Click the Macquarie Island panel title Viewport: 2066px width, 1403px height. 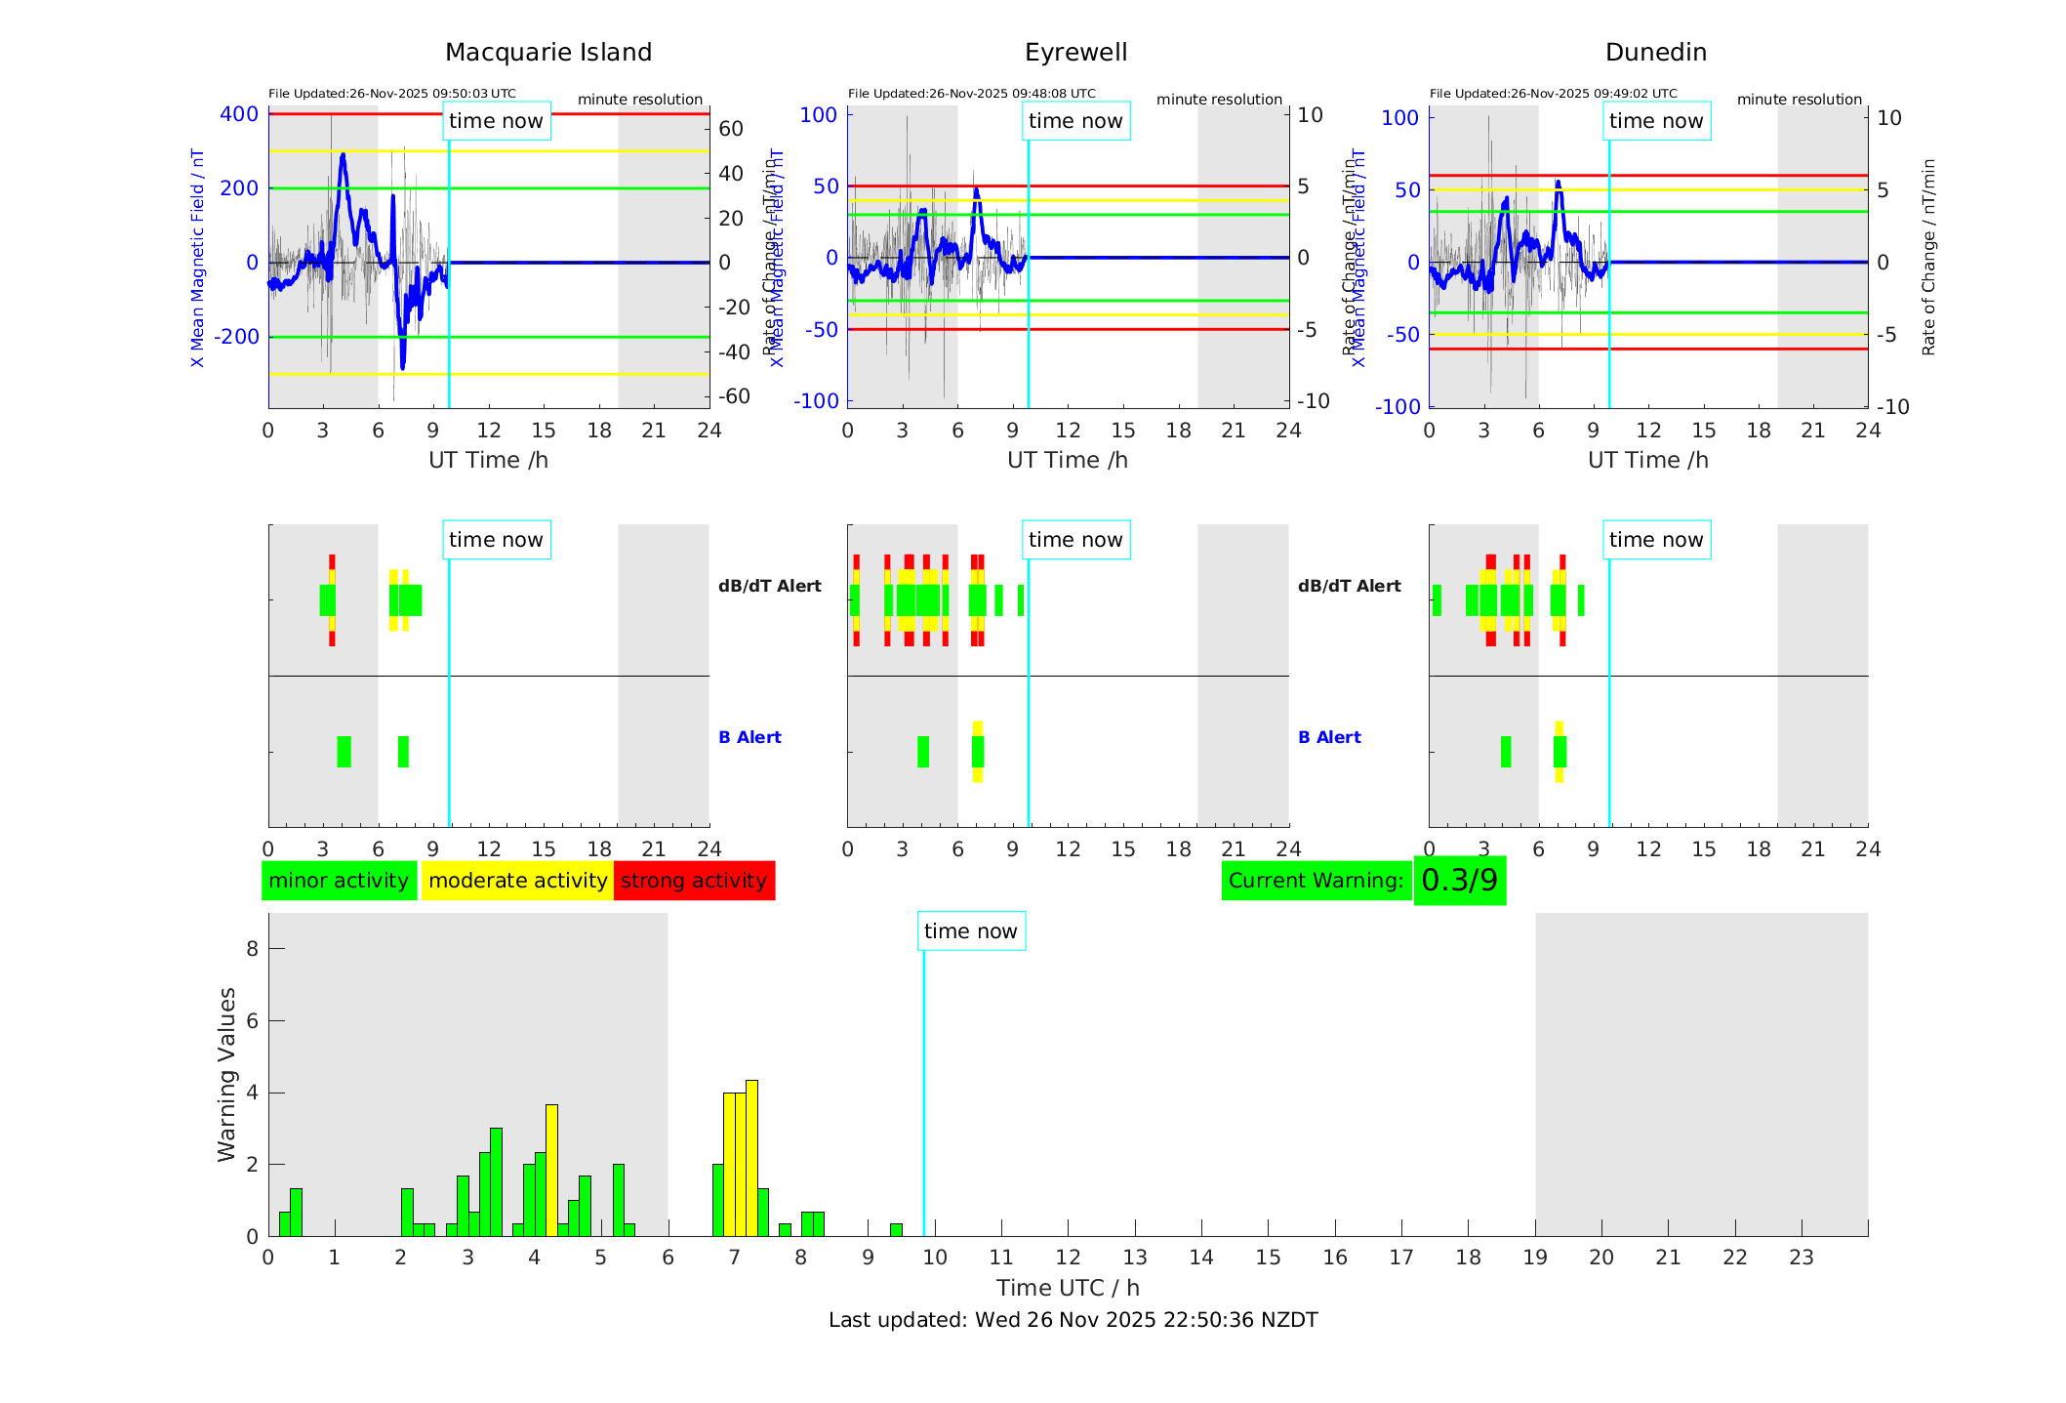coord(547,53)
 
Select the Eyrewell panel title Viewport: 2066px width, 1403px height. coord(1075,53)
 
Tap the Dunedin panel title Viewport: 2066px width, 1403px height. coord(1655,53)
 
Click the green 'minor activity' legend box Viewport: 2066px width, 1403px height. coord(339,881)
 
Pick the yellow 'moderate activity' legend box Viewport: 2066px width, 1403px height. coord(517,881)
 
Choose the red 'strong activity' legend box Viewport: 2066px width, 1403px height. coord(694,881)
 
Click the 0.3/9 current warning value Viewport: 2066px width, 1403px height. coord(1459,881)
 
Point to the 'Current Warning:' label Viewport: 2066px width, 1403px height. coord(1316,881)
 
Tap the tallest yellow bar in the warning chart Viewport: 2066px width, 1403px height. coord(751,1157)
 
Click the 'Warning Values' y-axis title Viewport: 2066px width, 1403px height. coord(226,1074)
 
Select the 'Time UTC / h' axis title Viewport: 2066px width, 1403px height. coord(1068,1288)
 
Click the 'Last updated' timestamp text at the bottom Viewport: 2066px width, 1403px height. coord(1073,1320)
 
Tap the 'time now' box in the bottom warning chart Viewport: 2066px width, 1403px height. coord(970,931)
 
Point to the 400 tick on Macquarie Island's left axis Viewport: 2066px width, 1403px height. coord(239,114)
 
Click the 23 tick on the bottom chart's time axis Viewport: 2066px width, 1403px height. coord(1801,1258)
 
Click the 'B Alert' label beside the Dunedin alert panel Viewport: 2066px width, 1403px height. coord(1329,737)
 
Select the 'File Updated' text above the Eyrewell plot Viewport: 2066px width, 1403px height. coord(971,94)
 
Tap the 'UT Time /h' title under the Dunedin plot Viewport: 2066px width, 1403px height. coord(1647,460)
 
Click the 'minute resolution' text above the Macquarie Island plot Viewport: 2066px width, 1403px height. coord(639,100)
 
